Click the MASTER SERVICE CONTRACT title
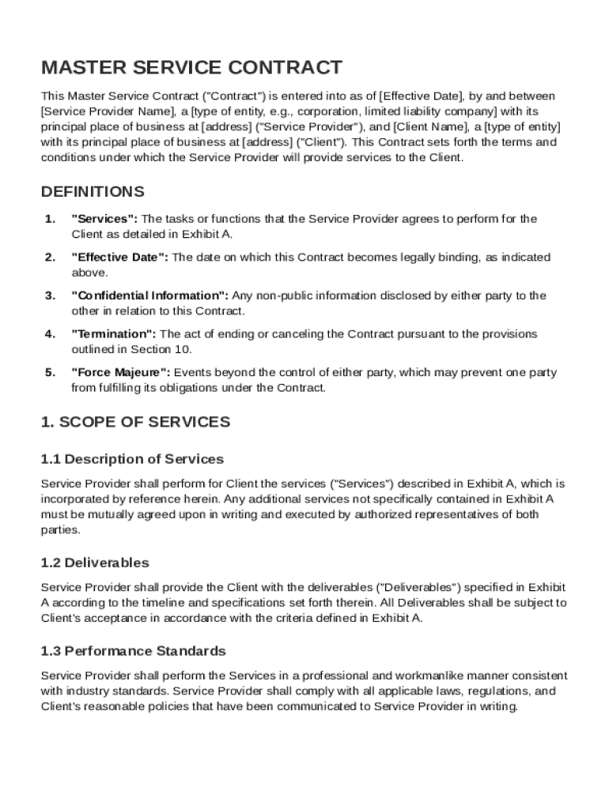(x=191, y=67)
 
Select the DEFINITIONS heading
(x=93, y=192)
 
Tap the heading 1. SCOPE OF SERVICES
(x=135, y=422)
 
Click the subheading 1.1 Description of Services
(x=132, y=459)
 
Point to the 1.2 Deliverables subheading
(x=94, y=563)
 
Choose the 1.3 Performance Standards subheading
(x=133, y=651)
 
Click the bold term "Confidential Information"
(x=150, y=295)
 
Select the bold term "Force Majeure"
(x=120, y=372)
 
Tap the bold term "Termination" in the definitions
(x=114, y=334)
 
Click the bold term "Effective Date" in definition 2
(x=119, y=258)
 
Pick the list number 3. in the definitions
(x=50, y=295)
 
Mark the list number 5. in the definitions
(x=50, y=372)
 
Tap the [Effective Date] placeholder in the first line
(x=423, y=96)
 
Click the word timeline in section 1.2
(x=146, y=603)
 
